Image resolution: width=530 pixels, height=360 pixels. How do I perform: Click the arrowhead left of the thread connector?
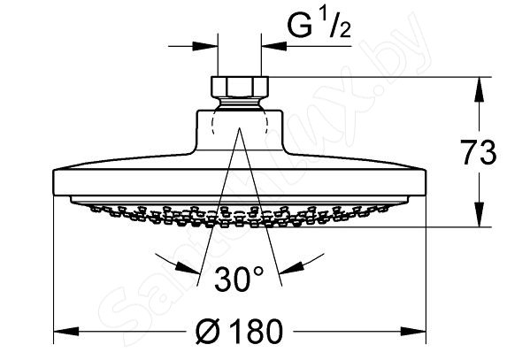[204, 42]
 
